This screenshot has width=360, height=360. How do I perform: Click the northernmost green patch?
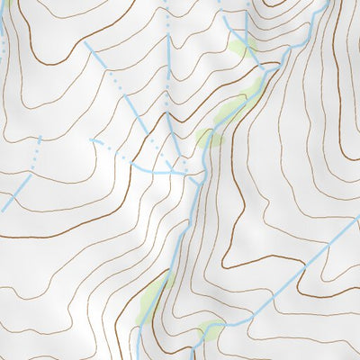(241, 48)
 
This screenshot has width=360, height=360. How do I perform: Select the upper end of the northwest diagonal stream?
(85, 42)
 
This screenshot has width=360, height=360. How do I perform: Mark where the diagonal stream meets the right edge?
(358, 217)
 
